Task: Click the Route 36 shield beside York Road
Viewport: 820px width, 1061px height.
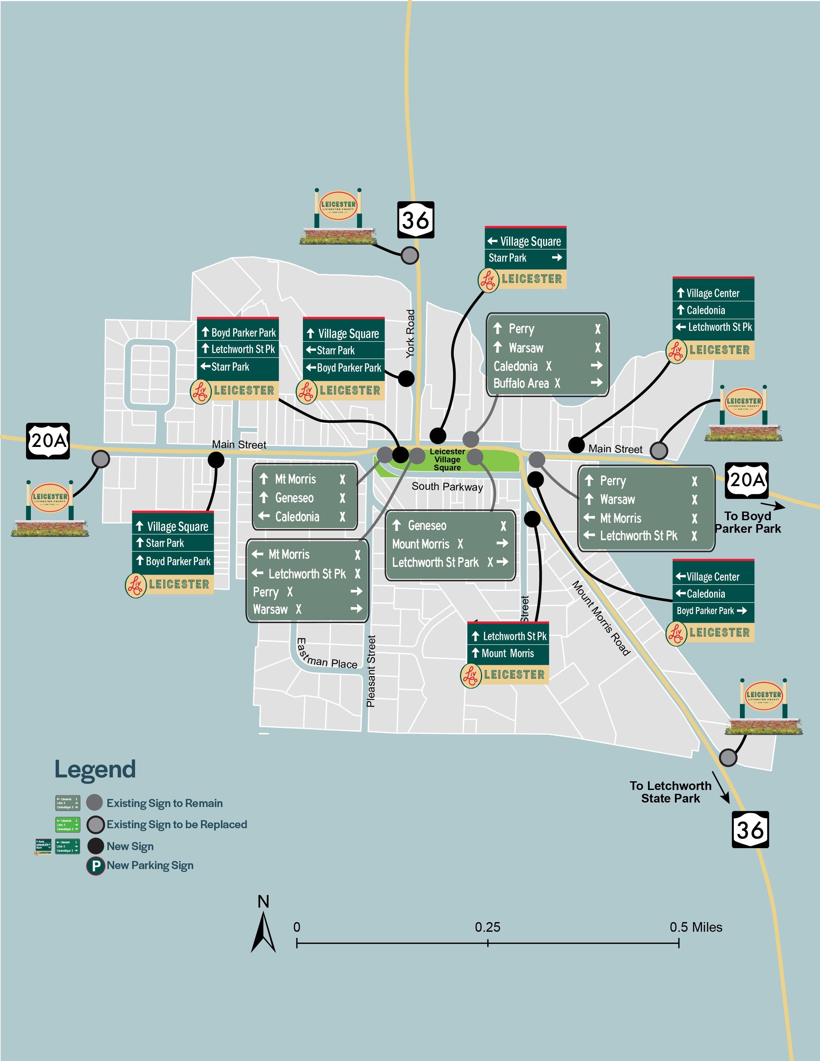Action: point(415,220)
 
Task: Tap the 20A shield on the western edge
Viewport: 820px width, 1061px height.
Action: point(48,440)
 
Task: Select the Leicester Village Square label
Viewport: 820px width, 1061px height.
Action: point(447,459)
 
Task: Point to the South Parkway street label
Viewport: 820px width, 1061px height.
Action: point(447,487)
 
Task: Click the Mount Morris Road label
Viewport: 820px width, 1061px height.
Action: point(601,618)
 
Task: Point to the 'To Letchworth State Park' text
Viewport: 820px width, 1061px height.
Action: point(670,792)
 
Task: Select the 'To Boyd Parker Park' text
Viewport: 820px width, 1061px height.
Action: point(748,522)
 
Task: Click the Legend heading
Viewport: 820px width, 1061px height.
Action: point(95,769)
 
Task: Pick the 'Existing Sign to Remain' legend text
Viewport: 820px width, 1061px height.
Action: point(165,803)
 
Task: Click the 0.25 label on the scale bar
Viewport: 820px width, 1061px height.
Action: point(487,927)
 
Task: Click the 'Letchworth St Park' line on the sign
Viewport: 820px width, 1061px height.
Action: point(436,563)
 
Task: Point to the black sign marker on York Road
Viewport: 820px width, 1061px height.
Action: point(406,378)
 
